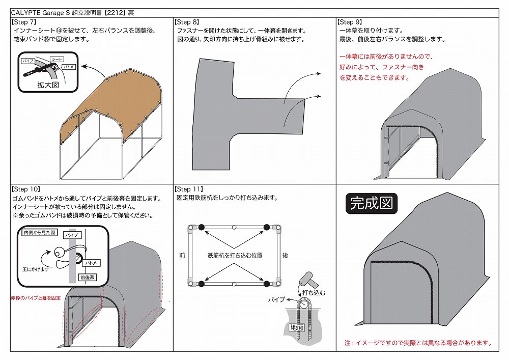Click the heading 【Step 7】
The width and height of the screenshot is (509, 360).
click(24, 22)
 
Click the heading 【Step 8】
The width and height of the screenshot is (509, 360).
click(187, 22)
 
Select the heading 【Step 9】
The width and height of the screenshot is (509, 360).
click(350, 22)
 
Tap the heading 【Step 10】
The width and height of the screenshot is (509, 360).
click(26, 189)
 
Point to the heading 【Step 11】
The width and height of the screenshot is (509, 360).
click(189, 189)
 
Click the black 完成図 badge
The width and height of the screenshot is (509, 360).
click(372, 204)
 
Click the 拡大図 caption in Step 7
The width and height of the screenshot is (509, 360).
click(48, 85)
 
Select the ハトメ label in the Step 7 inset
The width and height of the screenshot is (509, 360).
click(69, 67)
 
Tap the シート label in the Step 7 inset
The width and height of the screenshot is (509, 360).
click(57, 60)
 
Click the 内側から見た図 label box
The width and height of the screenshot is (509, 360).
click(40, 232)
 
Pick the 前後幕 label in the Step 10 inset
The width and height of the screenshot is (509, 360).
click(88, 278)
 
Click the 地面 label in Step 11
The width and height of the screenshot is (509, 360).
click(297, 327)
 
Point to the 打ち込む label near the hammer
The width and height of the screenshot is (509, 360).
click(314, 292)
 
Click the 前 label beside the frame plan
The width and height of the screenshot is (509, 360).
click(182, 256)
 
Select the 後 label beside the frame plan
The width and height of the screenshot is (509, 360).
click(286, 256)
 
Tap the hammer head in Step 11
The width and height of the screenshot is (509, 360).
click(306, 278)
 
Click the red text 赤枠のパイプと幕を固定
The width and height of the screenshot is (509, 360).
click(36, 298)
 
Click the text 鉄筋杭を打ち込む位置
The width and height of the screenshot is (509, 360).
click(235, 256)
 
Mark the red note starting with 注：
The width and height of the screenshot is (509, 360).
click(418, 343)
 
